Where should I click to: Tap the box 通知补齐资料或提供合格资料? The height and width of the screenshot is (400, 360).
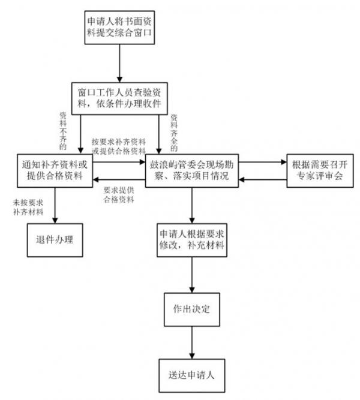(x=55, y=169)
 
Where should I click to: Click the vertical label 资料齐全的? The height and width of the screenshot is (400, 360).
(x=174, y=132)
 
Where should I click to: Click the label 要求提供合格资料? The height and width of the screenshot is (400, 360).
(x=118, y=196)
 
